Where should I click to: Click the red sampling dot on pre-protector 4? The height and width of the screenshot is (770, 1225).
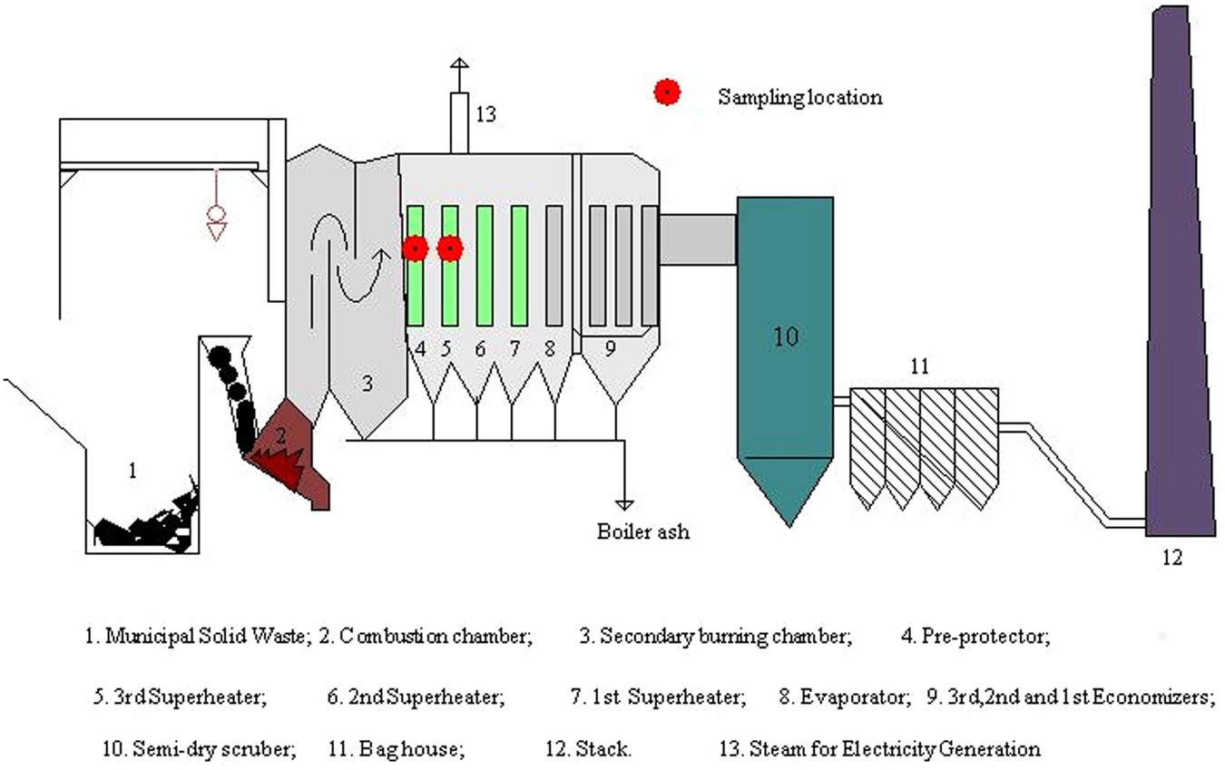point(415,248)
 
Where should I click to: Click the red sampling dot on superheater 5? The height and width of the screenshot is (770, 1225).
point(450,248)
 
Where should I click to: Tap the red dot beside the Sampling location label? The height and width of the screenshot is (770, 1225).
point(667,92)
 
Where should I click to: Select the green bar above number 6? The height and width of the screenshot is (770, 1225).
point(485,265)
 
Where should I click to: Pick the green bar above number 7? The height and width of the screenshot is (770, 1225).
point(519,265)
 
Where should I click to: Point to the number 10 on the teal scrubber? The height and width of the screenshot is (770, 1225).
point(786,336)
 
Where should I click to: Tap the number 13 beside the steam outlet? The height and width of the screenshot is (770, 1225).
point(485,114)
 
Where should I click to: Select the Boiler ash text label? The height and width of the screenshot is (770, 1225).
point(642,531)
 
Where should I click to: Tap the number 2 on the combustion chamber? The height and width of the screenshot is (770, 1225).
point(281,436)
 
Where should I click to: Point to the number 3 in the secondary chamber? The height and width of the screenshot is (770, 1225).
point(367,384)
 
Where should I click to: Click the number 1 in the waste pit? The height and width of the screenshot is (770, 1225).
point(132,470)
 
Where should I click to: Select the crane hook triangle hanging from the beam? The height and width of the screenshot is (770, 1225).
point(216,232)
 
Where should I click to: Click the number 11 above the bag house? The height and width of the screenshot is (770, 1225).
point(920,366)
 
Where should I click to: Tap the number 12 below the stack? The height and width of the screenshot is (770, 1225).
point(1172,558)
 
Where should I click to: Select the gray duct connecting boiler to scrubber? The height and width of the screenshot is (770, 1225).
point(697,239)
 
